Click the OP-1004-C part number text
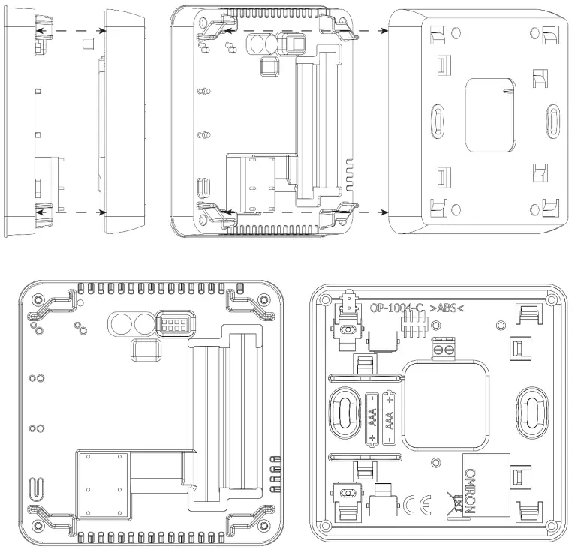(397, 308)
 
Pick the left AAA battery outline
(372, 419)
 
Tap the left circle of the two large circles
(120, 323)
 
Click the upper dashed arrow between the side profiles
(72, 29)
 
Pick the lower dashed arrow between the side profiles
(72, 212)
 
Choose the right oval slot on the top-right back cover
(552, 119)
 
